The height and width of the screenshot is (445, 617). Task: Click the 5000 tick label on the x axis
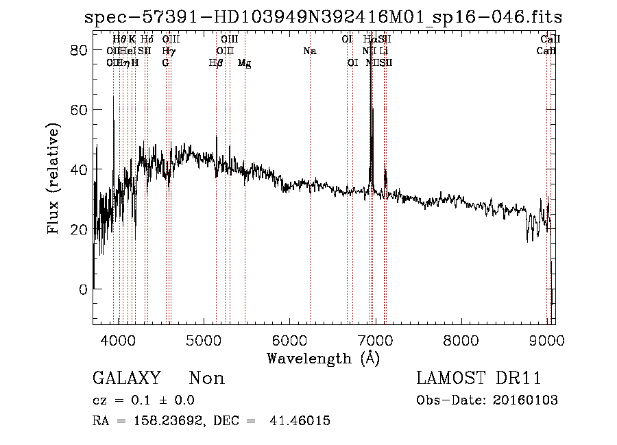click(204, 341)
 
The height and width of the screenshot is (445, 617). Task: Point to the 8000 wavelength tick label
click(461, 341)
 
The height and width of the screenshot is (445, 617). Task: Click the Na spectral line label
click(310, 51)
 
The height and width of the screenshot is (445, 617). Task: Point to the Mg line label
click(244, 63)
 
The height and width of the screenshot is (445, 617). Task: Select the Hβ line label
click(216, 63)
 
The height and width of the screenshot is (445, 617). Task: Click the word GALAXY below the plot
click(126, 378)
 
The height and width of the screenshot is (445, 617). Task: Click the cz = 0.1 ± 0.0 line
click(143, 400)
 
